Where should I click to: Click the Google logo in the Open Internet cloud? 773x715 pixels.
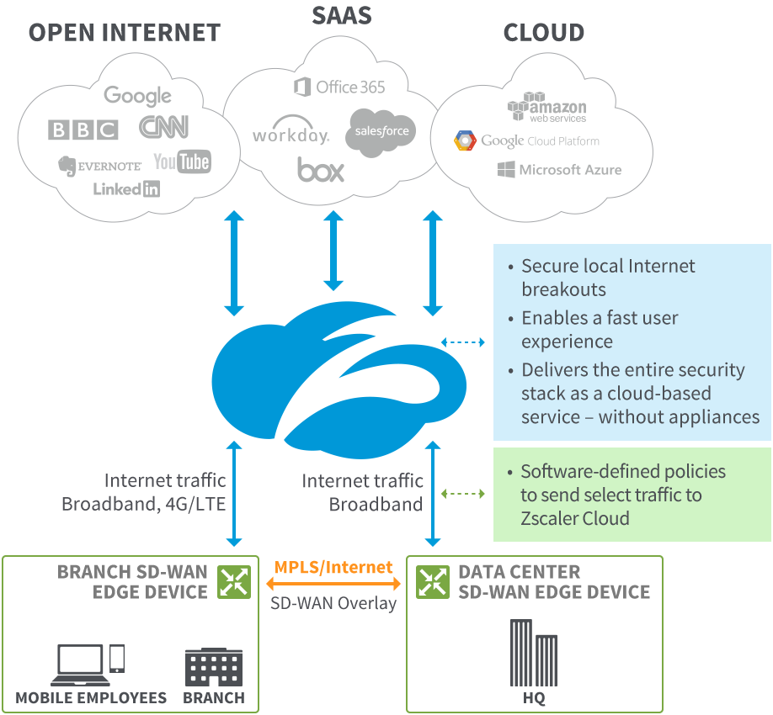click(138, 97)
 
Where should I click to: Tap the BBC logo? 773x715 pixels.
click(83, 130)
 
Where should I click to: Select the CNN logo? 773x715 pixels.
click(163, 127)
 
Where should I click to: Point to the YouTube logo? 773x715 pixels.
click(182, 162)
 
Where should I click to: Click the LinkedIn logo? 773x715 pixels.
click(126, 188)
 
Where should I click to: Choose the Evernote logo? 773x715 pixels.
click(99, 166)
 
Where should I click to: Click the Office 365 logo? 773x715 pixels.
click(339, 87)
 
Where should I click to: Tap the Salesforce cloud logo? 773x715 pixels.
click(381, 131)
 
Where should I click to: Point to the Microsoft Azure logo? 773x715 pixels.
click(559, 170)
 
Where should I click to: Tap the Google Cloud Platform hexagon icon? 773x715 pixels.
click(466, 140)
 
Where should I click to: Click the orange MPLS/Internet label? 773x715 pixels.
click(333, 567)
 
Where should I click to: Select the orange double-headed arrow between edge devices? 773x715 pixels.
click(333, 584)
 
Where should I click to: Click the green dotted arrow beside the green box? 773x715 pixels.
click(463, 494)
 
